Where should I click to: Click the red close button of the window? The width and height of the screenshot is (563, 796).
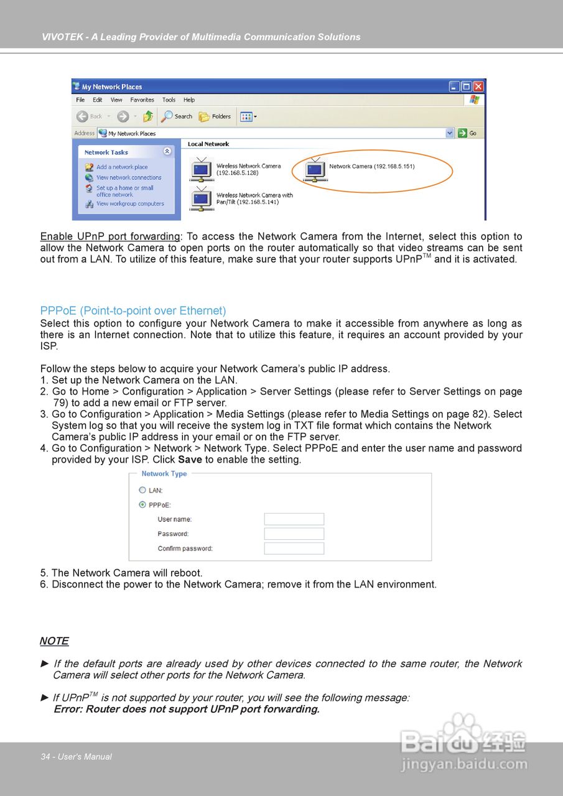(478, 87)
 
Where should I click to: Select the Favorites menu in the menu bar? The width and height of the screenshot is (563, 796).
(142, 100)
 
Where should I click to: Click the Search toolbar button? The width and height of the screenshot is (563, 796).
(177, 116)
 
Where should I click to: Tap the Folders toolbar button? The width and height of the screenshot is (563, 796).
(215, 116)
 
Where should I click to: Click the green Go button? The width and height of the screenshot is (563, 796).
(468, 133)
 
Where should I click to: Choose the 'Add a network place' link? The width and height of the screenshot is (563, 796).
(122, 167)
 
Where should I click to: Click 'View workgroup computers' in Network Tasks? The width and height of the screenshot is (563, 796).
(130, 204)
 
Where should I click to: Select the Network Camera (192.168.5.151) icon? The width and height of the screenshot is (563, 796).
(315, 170)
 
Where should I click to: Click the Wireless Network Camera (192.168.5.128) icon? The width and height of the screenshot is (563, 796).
(201, 169)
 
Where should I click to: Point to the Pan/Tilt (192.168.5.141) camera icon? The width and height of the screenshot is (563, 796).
(201, 198)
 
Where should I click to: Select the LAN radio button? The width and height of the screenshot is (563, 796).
(142, 491)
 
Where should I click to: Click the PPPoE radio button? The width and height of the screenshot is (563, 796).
(142, 505)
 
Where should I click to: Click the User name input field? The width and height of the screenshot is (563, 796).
(294, 519)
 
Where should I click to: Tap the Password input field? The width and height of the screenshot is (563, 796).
(294, 534)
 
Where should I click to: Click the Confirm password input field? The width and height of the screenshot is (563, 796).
(294, 548)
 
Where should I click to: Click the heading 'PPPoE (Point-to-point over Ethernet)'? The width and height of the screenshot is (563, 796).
(133, 311)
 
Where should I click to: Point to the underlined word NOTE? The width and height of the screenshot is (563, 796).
(54, 641)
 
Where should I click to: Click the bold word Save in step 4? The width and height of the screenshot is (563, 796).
(190, 460)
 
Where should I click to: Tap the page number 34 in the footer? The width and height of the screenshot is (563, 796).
(45, 757)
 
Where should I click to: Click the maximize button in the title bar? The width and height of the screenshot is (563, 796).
(466, 87)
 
